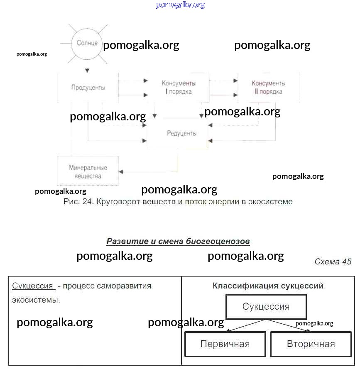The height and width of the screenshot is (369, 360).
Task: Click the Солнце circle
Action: click(87, 43)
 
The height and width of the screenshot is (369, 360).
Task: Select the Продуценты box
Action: click(88, 88)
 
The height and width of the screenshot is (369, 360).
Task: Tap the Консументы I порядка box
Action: click(179, 88)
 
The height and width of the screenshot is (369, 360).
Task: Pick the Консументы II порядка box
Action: click(268, 88)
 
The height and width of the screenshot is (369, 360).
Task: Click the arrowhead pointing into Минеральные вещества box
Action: click(122, 171)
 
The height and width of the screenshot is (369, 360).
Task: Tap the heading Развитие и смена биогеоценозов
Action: click(178, 241)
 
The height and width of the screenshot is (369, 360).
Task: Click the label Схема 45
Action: click(333, 261)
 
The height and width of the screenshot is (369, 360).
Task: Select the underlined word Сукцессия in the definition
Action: click(33, 286)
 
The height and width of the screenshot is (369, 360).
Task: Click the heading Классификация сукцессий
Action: click(268, 286)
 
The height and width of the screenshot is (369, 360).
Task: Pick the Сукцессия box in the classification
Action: click(266, 307)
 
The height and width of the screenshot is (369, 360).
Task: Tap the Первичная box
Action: click(225, 344)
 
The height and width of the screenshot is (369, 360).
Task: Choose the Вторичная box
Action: click(311, 344)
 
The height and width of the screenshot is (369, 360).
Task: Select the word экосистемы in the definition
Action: click(36, 300)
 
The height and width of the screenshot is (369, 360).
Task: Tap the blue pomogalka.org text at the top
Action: click(180, 5)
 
